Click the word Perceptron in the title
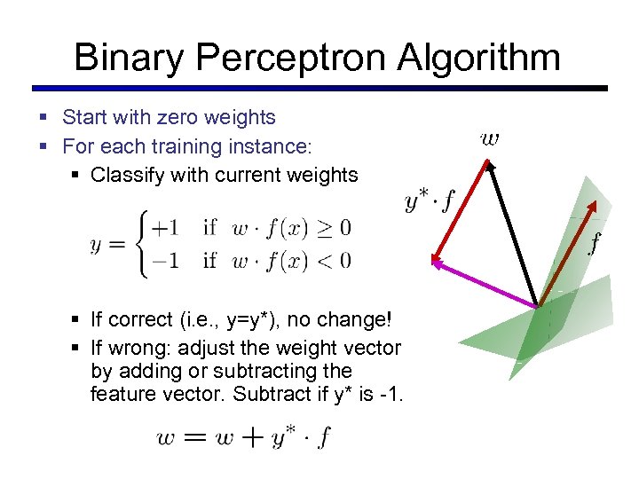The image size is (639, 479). point(292,59)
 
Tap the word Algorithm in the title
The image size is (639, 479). point(478,59)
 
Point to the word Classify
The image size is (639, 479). point(126,175)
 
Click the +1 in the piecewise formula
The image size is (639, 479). point(164,228)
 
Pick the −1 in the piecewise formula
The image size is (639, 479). point(164,260)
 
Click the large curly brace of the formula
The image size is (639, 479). point(141,244)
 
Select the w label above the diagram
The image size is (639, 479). point(489,138)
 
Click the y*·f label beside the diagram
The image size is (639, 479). point(430,200)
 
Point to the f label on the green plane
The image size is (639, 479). point(594,239)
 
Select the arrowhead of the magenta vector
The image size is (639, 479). point(437,261)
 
